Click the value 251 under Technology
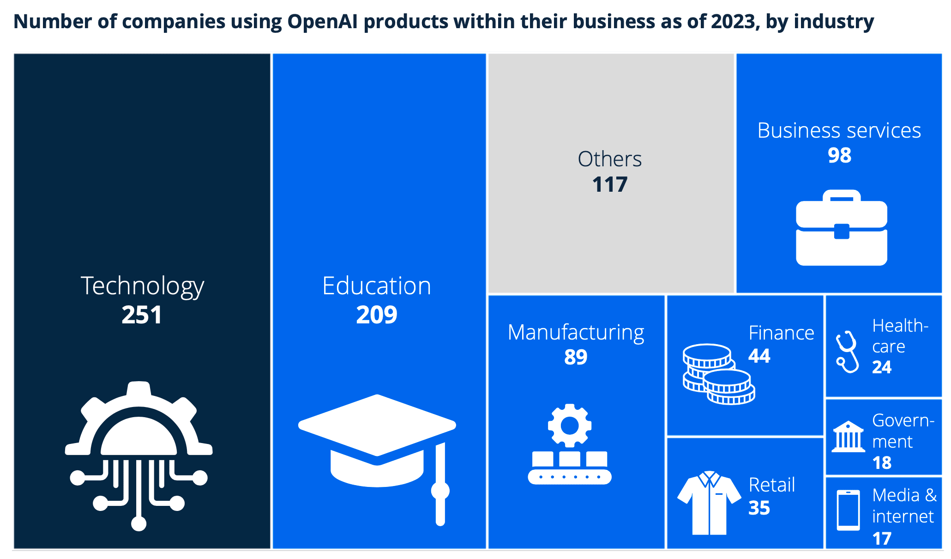[x=142, y=315]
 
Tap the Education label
[x=377, y=286]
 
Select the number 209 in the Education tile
[x=377, y=315]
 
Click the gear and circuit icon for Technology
[x=139, y=455]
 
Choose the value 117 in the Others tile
[x=610, y=185]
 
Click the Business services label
[x=839, y=131]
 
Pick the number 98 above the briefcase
[x=839, y=156]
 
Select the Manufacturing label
[x=576, y=333]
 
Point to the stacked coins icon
[x=718, y=374]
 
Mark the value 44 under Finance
[x=759, y=356]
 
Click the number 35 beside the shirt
[x=759, y=508]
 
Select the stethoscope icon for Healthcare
[x=848, y=352]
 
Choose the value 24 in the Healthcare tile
[x=882, y=367]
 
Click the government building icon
[x=849, y=437]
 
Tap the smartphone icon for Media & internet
[x=849, y=510]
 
